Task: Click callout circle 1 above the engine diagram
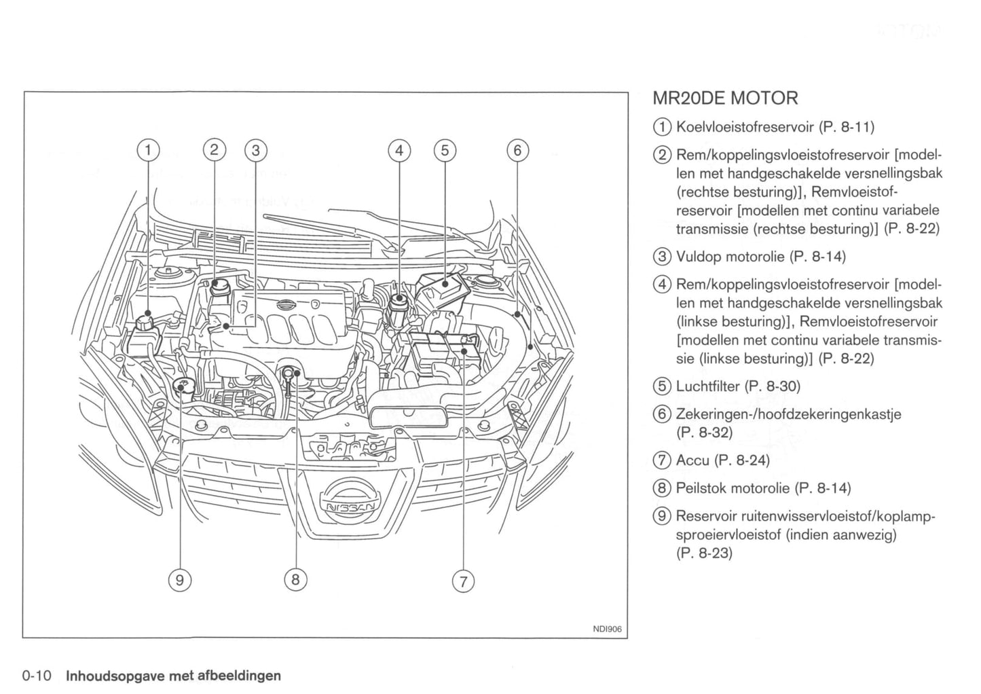click(x=147, y=150)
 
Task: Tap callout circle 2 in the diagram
click(x=214, y=150)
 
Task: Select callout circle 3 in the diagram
click(x=255, y=150)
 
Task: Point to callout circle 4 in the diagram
click(x=399, y=150)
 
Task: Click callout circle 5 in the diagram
click(x=445, y=150)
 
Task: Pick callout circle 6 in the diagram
click(x=517, y=150)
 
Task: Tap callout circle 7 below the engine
click(x=464, y=581)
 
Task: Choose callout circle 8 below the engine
click(x=295, y=579)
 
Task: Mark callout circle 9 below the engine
click(x=179, y=579)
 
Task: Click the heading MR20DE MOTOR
click(x=725, y=98)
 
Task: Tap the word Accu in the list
click(x=692, y=460)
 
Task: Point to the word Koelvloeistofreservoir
click(x=745, y=127)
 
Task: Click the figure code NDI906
click(x=607, y=629)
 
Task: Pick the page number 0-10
click(x=37, y=676)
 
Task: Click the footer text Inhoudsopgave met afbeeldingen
click(x=172, y=676)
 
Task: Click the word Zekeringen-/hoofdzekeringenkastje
click(x=788, y=414)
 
